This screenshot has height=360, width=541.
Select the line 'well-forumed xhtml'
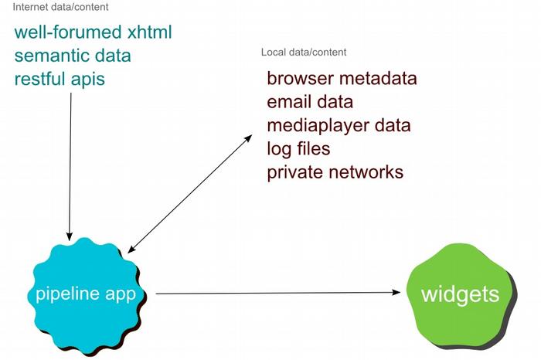point(93,33)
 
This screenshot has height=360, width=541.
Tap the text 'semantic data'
point(73,56)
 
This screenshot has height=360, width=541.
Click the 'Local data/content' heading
point(304,53)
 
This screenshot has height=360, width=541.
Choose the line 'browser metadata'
point(342,79)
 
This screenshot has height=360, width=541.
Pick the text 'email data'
point(310,102)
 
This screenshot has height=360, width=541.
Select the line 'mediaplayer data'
point(339,125)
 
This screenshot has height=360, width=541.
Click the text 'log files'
point(298,148)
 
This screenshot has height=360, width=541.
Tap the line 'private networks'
point(335,172)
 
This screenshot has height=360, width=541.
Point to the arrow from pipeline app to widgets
point(278,294)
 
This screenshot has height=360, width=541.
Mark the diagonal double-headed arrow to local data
point(189,193)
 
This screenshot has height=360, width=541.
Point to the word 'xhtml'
point(149,33)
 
